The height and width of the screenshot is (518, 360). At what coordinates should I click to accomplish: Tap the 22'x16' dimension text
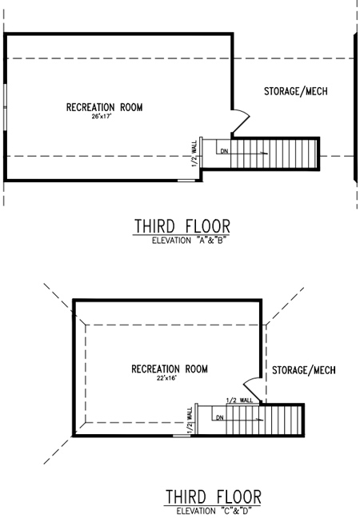[165, 378]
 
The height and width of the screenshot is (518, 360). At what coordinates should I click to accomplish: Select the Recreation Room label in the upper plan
[105, 107]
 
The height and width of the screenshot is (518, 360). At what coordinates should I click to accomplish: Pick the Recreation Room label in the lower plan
[170, 369]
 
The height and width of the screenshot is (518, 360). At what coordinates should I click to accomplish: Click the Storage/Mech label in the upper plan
[296, 91]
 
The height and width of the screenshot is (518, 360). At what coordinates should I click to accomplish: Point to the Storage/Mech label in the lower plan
[304, 370]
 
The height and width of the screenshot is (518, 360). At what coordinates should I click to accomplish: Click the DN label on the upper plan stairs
[225, 151]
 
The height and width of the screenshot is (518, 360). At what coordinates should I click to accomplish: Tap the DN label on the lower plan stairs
[220, 417]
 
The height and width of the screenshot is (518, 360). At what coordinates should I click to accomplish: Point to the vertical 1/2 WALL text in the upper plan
[194, 154]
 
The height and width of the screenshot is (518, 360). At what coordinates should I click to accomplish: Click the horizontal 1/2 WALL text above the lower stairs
[239, 400]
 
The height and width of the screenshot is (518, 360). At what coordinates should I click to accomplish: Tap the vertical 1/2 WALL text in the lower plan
[190, 420]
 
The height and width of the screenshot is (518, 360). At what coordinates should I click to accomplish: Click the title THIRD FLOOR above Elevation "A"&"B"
[182, 226]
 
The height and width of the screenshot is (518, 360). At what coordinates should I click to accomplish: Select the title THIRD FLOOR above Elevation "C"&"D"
[214, 497]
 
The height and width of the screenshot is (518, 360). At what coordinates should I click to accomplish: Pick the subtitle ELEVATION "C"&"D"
[214, 511]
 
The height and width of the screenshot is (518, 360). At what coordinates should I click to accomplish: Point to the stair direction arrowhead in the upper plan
[264, 153]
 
